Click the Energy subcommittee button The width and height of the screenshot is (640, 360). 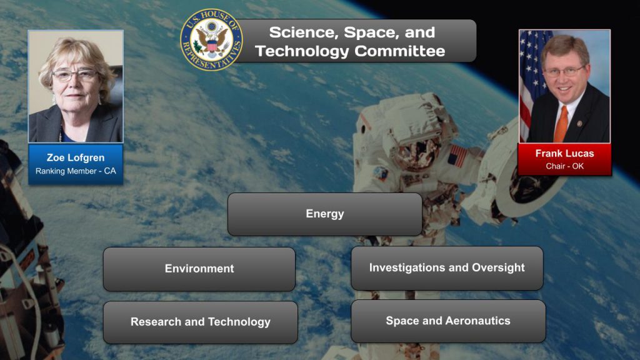pyautogui.click(x=324, y=214)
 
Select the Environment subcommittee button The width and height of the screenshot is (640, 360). pyautogui.click(x=199, y=269)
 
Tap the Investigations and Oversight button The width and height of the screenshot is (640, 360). pyautogui.click(x=447, y=267)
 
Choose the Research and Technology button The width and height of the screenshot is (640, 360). pyautogui.click(x=200, y=322)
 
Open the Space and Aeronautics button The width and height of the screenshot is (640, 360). pyautogui.click(x=447, y=321)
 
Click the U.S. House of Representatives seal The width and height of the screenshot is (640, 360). pyautogui.click(x=211, y=40)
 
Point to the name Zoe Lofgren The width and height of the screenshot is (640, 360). pyautogui.click(x=75, y=157)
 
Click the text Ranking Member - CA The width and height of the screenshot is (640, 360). pyautogui.click(x=75, y=171)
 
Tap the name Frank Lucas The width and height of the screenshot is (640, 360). pyautogui.click(x=564, y=153)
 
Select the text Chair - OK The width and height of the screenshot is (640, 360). pyautogui.click(x=564, y=166)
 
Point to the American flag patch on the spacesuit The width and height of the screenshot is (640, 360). pyautogui.click(x=457, y=155)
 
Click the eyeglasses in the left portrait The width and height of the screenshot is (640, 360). pyautogui.click(x=75, y=75)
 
